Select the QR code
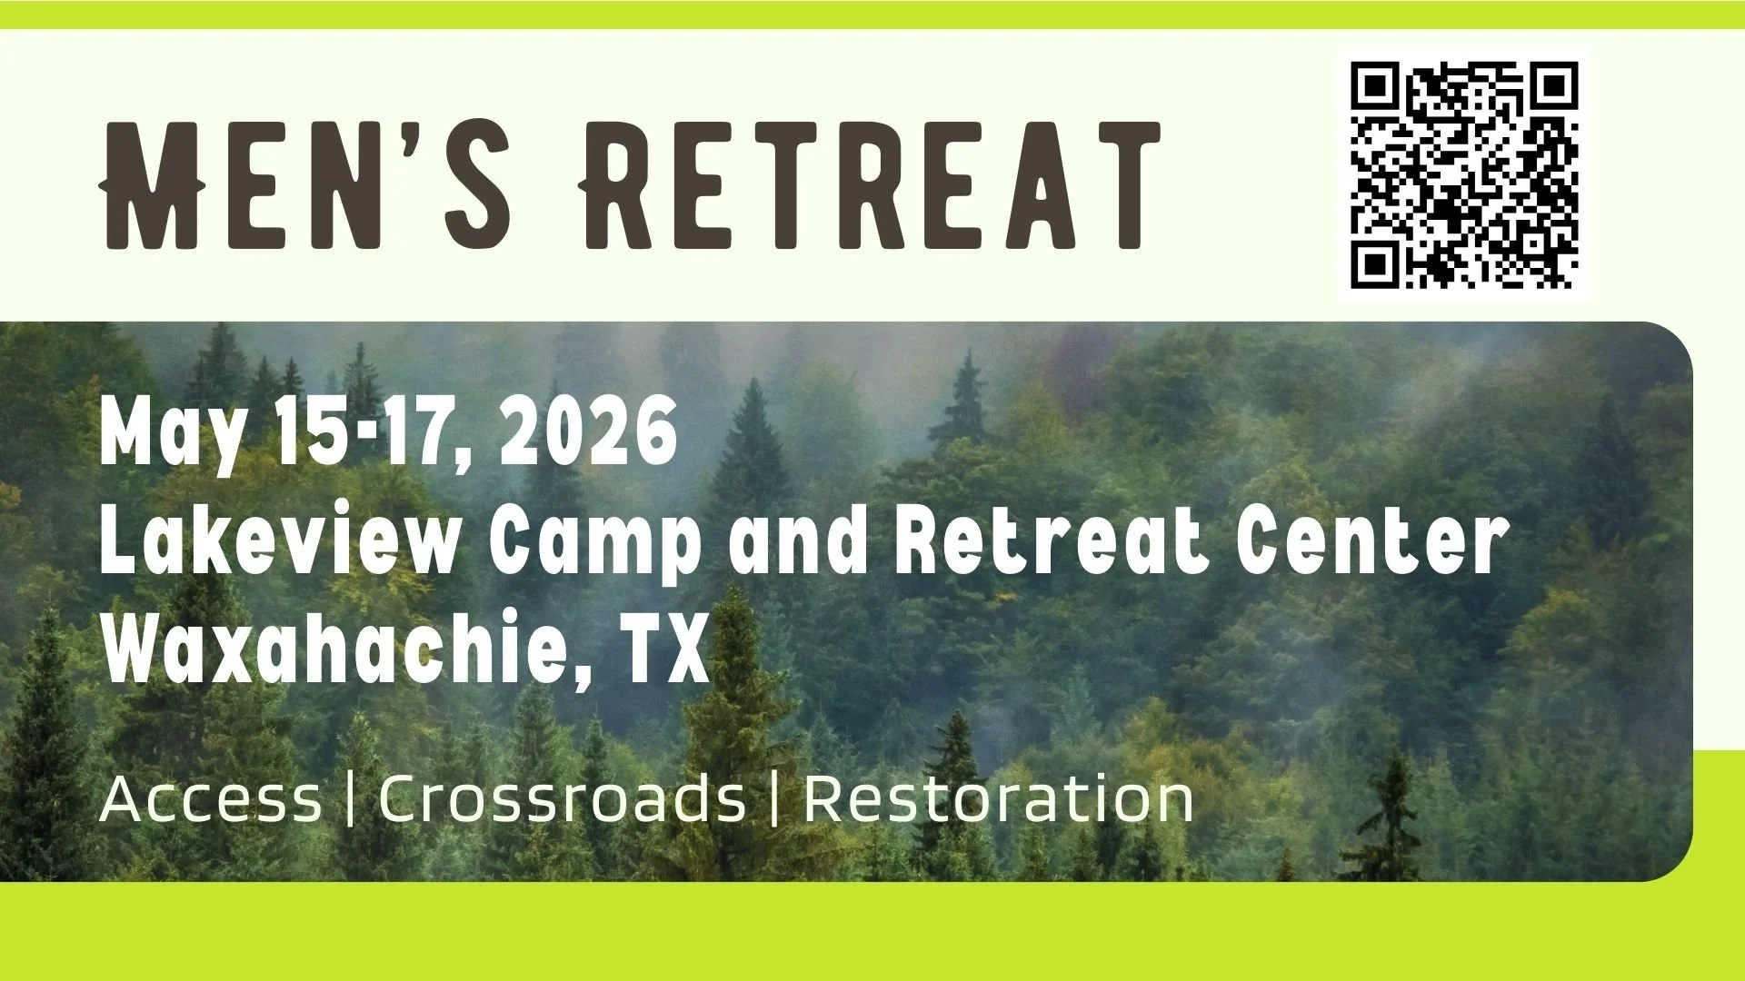1464,175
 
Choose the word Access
210,800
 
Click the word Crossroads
562,800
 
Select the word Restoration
998,800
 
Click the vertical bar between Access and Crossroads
351,800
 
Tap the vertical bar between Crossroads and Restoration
774,800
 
